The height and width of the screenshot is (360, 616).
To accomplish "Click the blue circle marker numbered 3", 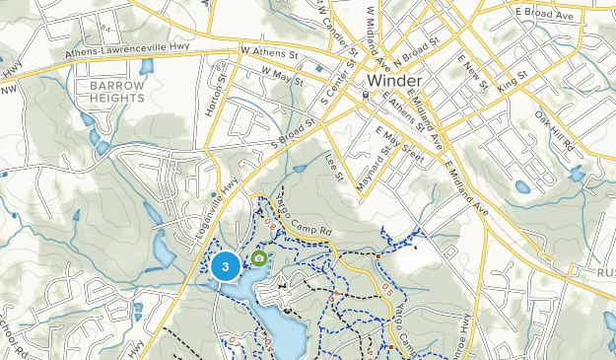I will [226, 265].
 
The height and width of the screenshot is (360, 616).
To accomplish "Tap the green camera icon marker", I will [258, 258].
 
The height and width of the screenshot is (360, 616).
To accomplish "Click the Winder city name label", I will [394, 80].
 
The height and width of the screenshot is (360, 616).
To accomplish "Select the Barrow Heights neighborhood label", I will [117, 93].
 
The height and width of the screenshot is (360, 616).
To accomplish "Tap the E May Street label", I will [398, 143].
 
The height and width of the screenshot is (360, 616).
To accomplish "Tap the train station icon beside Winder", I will [366, 96].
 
